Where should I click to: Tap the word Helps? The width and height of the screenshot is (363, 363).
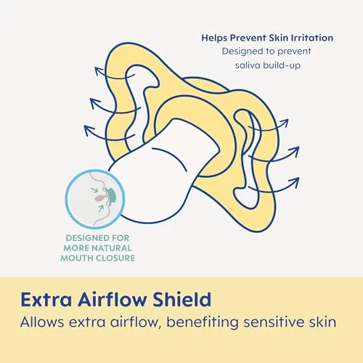click(214, 38)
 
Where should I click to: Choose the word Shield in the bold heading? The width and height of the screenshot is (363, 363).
click(182, 299)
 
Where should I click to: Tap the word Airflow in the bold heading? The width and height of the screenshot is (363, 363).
click(112, 299)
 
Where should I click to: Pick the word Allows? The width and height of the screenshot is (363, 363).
click(42, 322)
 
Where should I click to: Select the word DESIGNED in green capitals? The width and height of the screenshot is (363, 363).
click(84, 238)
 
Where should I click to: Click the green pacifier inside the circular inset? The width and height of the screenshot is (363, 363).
click(110, 195)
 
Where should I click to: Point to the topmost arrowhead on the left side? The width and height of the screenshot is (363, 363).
click(99, 70)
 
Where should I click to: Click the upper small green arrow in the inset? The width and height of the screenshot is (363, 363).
click(97, 189)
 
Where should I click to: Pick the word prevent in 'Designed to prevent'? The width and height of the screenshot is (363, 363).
click(295, 52)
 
